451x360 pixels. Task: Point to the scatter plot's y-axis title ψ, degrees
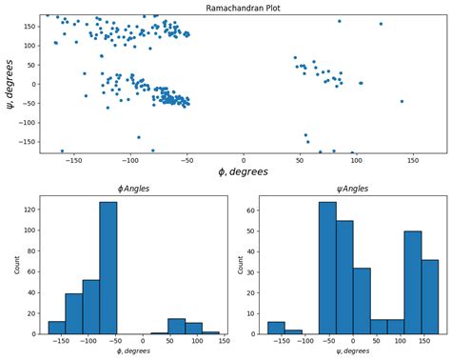(10, 84)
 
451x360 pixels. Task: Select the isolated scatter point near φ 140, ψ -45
(402, 101)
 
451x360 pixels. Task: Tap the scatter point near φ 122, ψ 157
(381, 24)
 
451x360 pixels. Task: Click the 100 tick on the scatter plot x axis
(356, 159)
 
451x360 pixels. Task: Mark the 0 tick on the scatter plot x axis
(244, 159)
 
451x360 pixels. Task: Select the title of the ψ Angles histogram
(346, 189)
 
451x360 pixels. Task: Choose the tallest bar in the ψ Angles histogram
(327, 268)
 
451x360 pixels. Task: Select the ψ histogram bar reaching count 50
(413, 282)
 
